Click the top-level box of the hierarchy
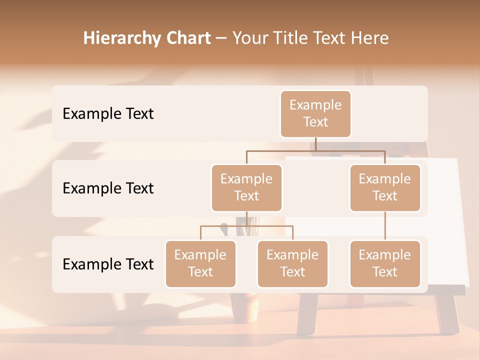click(x=315, y=114)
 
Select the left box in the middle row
click(x=246, y=187)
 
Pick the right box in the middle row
click(x=385, y=187)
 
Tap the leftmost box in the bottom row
click(x=200, y=263)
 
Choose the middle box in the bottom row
click(x=292, y=263)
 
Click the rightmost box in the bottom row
click(x=385, y=263)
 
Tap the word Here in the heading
click(x=368, y=38)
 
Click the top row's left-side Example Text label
click(x=108, y=113)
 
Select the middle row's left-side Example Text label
click(x=108, y=188)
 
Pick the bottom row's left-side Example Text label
click(x=108, y=264)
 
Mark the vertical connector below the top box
click(x=315, y=144)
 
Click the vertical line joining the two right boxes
click(x=385, y=226)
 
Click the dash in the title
click(x=220, y=38)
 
